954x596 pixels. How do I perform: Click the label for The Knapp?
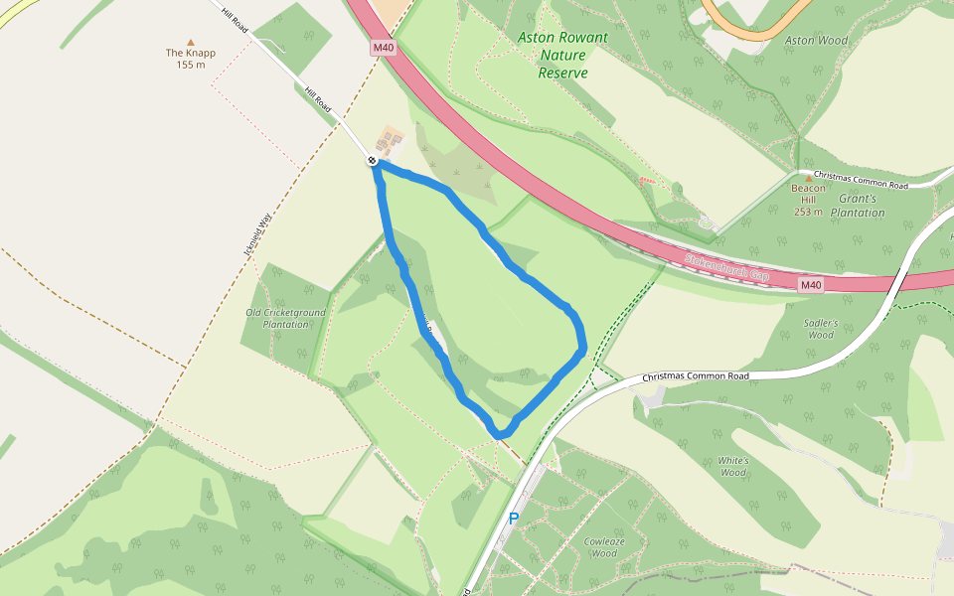(x=190, y=53)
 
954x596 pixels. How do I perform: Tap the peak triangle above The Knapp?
(x=191, y=42)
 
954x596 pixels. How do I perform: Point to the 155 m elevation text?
(x=190, y=66)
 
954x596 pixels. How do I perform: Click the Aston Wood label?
(x=816, y=41)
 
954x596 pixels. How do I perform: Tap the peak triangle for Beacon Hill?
(x=809, y=178)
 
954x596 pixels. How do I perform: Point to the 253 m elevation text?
(x=808, y=212)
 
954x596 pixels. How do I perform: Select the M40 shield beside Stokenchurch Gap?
(x=811, y=285)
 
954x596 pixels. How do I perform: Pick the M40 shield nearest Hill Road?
(x=384, y=48)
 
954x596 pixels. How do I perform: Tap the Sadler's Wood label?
(x=821, y=329)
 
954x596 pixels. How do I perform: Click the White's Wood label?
(x=732, y=467)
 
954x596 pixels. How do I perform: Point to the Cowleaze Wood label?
(x=604, y=546)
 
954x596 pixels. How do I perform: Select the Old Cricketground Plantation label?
(x=285, y=319)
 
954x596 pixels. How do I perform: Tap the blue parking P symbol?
(x=514, y=518)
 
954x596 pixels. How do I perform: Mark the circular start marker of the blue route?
(x=372, y=160)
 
